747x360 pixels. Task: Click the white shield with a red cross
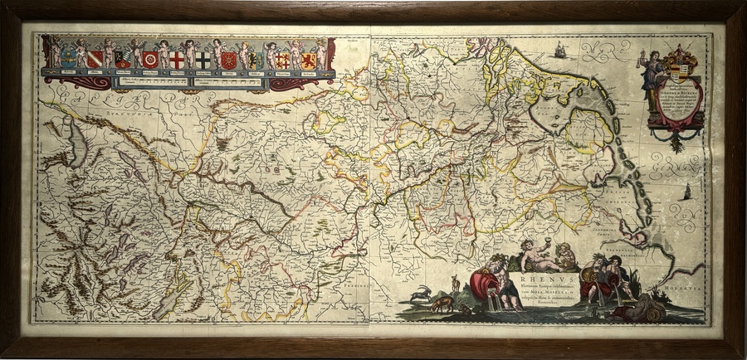[x=177, y=60]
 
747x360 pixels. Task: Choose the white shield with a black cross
[x=203, y=60]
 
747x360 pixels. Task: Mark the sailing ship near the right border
[x=687, y=192]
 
